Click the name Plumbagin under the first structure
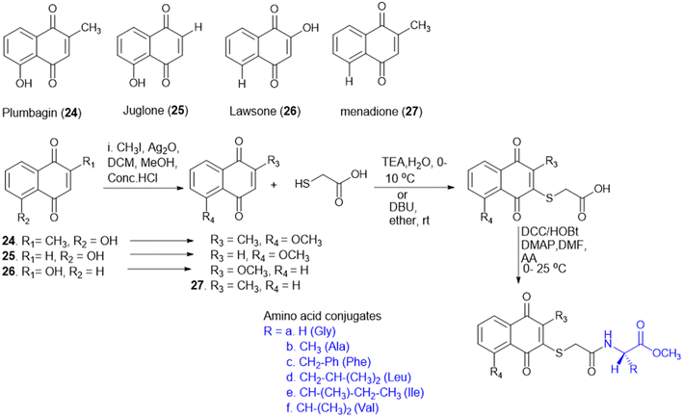tap(30, 114)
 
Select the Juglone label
tap(144, 111)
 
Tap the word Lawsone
tap(252, 112)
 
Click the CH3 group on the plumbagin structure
tap(91, 29)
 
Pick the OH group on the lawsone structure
tap(310, 28)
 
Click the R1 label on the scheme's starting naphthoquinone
tap(89, 163)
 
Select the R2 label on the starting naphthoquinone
tap(23, 219)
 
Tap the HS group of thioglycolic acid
tap(302, 184)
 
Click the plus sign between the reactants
tap(274, 185)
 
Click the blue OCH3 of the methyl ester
tap(667, 353)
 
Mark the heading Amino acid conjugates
tap(323, 316)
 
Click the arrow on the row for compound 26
tap(160, 270)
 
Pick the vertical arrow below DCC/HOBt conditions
tap(518, 254)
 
